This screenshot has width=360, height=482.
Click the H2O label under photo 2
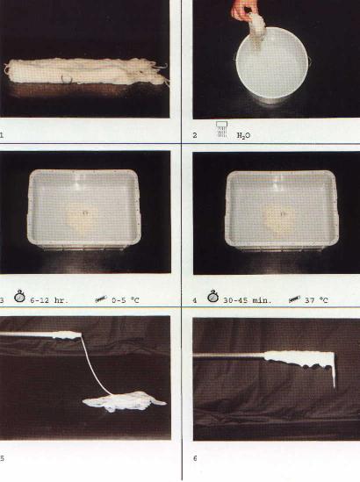pos(243,135)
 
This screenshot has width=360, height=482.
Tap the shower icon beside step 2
pos(221,129)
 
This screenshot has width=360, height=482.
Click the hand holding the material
pos(242,10)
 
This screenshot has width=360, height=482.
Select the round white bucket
pos(273,63)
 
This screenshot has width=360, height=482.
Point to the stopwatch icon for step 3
pos(19,297)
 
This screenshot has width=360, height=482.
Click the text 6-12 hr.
pos(49,300)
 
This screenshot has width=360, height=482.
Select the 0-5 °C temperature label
pos(126,300)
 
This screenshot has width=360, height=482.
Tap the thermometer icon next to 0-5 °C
pos(101,299)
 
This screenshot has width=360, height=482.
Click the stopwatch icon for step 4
pos(212,297)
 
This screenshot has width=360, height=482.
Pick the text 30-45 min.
pos(248,300)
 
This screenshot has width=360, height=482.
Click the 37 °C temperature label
pos(316,300)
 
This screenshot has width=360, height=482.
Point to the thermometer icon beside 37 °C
pos(294,299)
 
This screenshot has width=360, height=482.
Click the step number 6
pos(195,458)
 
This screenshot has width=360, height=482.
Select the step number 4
pos(195,300)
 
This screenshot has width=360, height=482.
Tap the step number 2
pos(195,135)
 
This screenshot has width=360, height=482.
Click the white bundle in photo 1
pos(86,71)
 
